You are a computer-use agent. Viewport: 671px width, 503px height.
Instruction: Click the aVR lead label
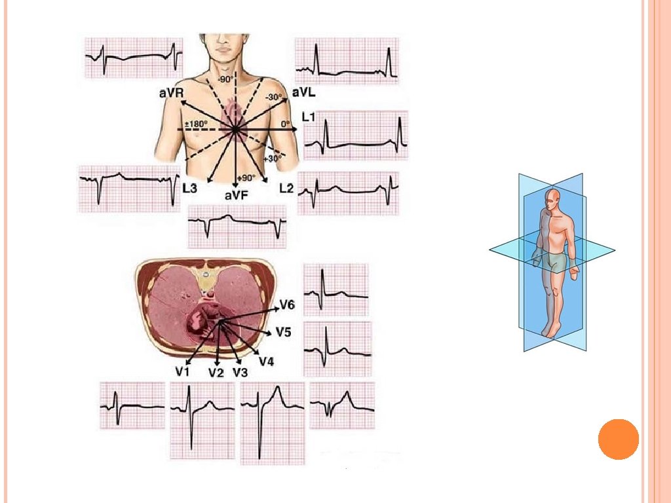point(170,94)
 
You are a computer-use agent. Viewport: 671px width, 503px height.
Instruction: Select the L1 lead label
point(309,117)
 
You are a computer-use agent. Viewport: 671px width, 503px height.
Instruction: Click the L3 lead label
point(189,188)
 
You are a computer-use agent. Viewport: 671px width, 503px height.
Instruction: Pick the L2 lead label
point(286,188)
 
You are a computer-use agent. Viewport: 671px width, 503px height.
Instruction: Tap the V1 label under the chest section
point(182,371)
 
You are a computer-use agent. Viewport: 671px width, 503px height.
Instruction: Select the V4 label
point(266,361)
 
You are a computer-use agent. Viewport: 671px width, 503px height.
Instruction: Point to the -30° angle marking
point(273,98)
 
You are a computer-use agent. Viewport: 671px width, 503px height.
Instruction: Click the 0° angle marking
point(284,123)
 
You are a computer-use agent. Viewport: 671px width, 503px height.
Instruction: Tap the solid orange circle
point(618,439)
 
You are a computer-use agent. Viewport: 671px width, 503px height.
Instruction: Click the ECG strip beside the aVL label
point(347,61)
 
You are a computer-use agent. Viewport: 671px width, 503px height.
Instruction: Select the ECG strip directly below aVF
point(237,226)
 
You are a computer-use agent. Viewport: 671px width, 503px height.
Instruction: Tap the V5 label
point(283,332)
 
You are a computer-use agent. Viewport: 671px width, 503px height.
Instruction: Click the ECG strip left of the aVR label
point(134,58)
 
